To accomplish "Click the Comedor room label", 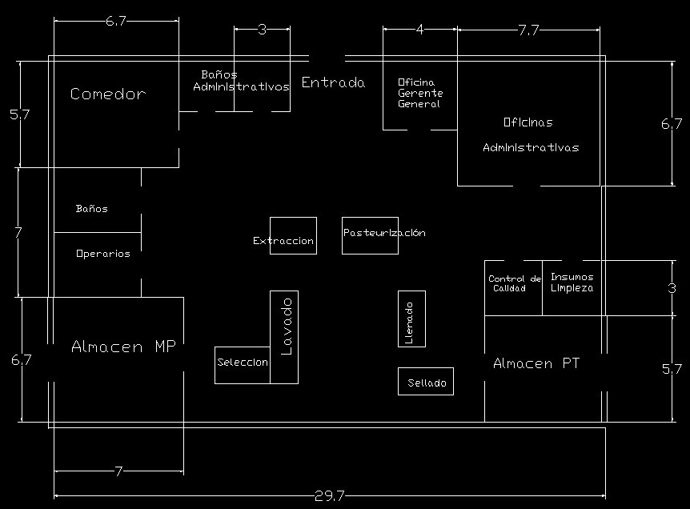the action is (x=108, y=94).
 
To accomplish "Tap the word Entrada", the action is (x=333, y=82).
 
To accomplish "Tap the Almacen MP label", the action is (x=123, y=347).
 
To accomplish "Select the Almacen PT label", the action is (x=536, y=363).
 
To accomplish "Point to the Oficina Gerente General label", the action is (x=420, y=93).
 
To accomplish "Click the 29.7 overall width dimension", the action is (x=330, y=496).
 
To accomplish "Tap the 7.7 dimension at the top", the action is (x=528, y=30).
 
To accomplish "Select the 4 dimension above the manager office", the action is (x=419, y=30).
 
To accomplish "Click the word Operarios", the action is (x=103, y=254).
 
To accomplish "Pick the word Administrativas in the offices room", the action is (x=531, y=147).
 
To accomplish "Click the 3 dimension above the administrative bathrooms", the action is (x=262, y=30).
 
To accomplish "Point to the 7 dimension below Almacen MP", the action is (x=118, y=471).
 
